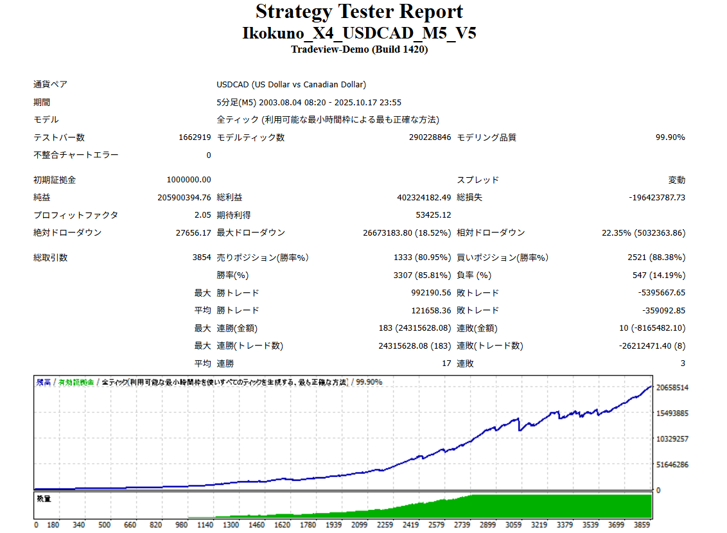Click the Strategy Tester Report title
click(359, 12)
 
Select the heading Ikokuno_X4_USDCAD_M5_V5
click(359, 33)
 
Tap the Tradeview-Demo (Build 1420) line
click(359, 49)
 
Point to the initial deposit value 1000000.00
click(188, 180)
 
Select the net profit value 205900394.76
click(184, 198)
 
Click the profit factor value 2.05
click(203, 215)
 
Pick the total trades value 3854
click(202, 258)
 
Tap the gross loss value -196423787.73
click(657, 198)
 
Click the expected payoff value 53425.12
click(434, 215)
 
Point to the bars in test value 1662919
click(195, 137)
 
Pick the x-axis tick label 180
click(53, 525)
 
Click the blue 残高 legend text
click(44, 382)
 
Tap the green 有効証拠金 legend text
click(76, 382)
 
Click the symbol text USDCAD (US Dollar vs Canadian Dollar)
click(291, 85)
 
